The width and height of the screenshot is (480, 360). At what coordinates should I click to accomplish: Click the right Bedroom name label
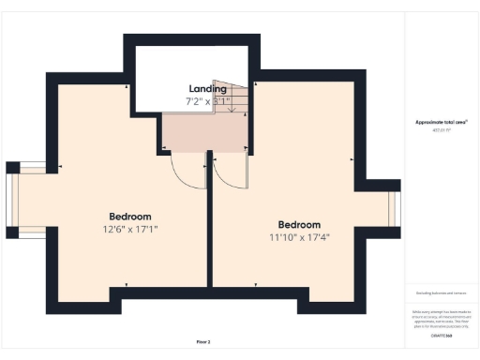[299, 225]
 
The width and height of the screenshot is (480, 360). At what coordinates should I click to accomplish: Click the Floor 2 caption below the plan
[203, 341]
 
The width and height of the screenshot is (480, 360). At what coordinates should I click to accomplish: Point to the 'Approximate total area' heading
[442, 123]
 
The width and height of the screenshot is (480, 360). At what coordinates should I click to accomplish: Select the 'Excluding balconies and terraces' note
[442, 293]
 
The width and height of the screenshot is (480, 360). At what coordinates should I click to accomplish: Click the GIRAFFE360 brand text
[442, 335]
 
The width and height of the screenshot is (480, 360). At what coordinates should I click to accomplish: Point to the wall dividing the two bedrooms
[209, 234]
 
